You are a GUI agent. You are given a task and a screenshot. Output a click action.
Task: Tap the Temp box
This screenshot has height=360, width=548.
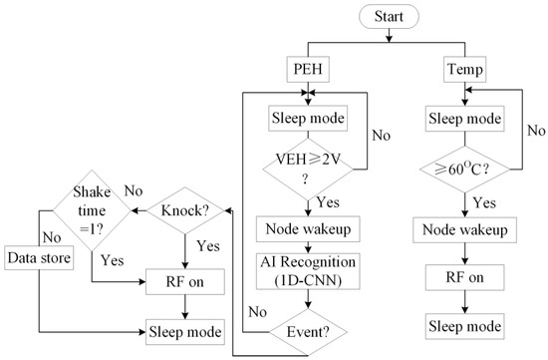point(465,69)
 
